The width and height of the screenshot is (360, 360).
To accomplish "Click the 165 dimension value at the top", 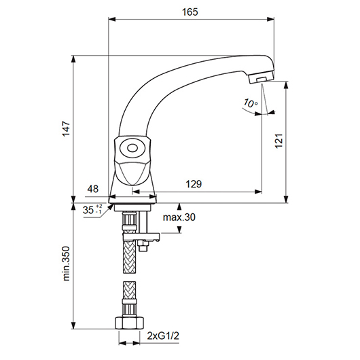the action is (190, 12).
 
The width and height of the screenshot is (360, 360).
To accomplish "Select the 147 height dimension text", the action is (67, 129).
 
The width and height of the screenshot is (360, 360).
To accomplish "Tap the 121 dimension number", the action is (279, 141).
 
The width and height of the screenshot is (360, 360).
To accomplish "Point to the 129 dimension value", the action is (194, 184).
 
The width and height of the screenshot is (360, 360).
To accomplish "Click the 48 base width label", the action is (93, 189).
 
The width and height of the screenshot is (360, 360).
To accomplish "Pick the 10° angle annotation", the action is (251, 103).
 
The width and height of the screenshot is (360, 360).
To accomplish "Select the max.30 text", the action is (179, 217).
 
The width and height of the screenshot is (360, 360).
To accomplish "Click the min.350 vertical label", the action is (66, 264).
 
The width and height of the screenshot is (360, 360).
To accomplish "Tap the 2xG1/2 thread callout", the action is (163, 336).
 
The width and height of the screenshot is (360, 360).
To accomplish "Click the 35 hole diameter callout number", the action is (88, 210).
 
